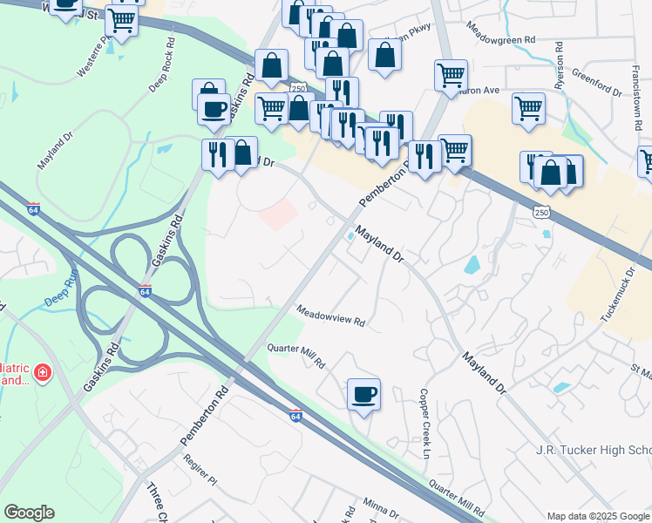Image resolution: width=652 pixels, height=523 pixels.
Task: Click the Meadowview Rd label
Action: tap(329, 316)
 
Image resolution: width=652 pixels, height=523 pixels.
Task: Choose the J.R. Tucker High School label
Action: tap(593, 450)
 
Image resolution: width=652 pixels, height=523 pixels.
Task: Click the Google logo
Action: tap(29, 512)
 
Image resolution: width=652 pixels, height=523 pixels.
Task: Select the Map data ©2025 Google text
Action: tap(598, 515)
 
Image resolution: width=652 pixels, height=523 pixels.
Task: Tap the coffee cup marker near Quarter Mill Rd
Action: tap(363, 394)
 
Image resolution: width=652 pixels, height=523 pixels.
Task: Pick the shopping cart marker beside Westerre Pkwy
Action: tap(121, 21)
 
